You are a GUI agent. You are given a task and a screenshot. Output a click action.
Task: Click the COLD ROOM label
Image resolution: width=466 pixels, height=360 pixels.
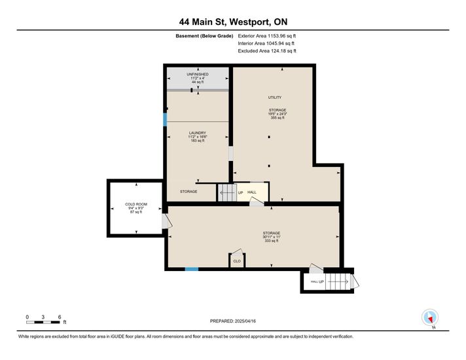[136, 204]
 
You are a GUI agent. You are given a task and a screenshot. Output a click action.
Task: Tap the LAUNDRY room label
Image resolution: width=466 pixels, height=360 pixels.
[198, 133]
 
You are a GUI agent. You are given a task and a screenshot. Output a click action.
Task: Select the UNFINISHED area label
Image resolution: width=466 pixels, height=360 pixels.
[198, 74]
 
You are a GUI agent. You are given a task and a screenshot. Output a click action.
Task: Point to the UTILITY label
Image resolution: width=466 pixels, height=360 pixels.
[275, 98]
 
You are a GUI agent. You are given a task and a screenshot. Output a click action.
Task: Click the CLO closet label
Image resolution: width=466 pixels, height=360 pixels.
[237, 261]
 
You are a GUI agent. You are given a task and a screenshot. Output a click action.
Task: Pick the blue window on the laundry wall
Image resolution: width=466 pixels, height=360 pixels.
[165, 119]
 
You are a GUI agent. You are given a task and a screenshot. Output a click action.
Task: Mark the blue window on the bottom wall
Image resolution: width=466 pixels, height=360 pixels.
[192, 269]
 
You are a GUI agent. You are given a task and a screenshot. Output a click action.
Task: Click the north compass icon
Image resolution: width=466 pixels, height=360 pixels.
[430, 317]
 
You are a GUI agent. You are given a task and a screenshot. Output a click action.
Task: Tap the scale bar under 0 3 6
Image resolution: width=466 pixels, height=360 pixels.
[43, 322]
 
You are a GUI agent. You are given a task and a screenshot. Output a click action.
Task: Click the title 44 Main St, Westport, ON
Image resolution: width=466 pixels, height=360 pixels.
[233, 22]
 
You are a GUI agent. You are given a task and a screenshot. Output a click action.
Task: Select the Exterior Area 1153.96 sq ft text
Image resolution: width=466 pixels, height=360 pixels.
[267, 36]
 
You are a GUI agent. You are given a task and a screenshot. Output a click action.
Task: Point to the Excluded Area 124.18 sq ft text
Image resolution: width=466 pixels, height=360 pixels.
[267, 51]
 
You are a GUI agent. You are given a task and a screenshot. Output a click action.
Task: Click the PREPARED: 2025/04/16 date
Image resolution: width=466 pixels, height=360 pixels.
[233, 321]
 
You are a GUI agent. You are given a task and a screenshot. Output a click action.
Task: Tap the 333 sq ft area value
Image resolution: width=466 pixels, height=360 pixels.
[272, 241]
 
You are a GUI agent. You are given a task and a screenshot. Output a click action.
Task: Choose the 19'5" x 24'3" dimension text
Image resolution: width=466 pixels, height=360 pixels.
[278, 114]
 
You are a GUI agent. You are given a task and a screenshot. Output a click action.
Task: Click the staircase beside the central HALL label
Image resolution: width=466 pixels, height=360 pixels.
[227, 192]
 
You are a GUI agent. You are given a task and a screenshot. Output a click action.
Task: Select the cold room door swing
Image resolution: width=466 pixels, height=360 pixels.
[167, 221]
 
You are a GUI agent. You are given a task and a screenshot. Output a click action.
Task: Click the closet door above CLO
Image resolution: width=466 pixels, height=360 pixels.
[237, 252]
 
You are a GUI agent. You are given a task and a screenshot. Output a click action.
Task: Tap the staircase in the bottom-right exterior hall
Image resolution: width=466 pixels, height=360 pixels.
[337, 281]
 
